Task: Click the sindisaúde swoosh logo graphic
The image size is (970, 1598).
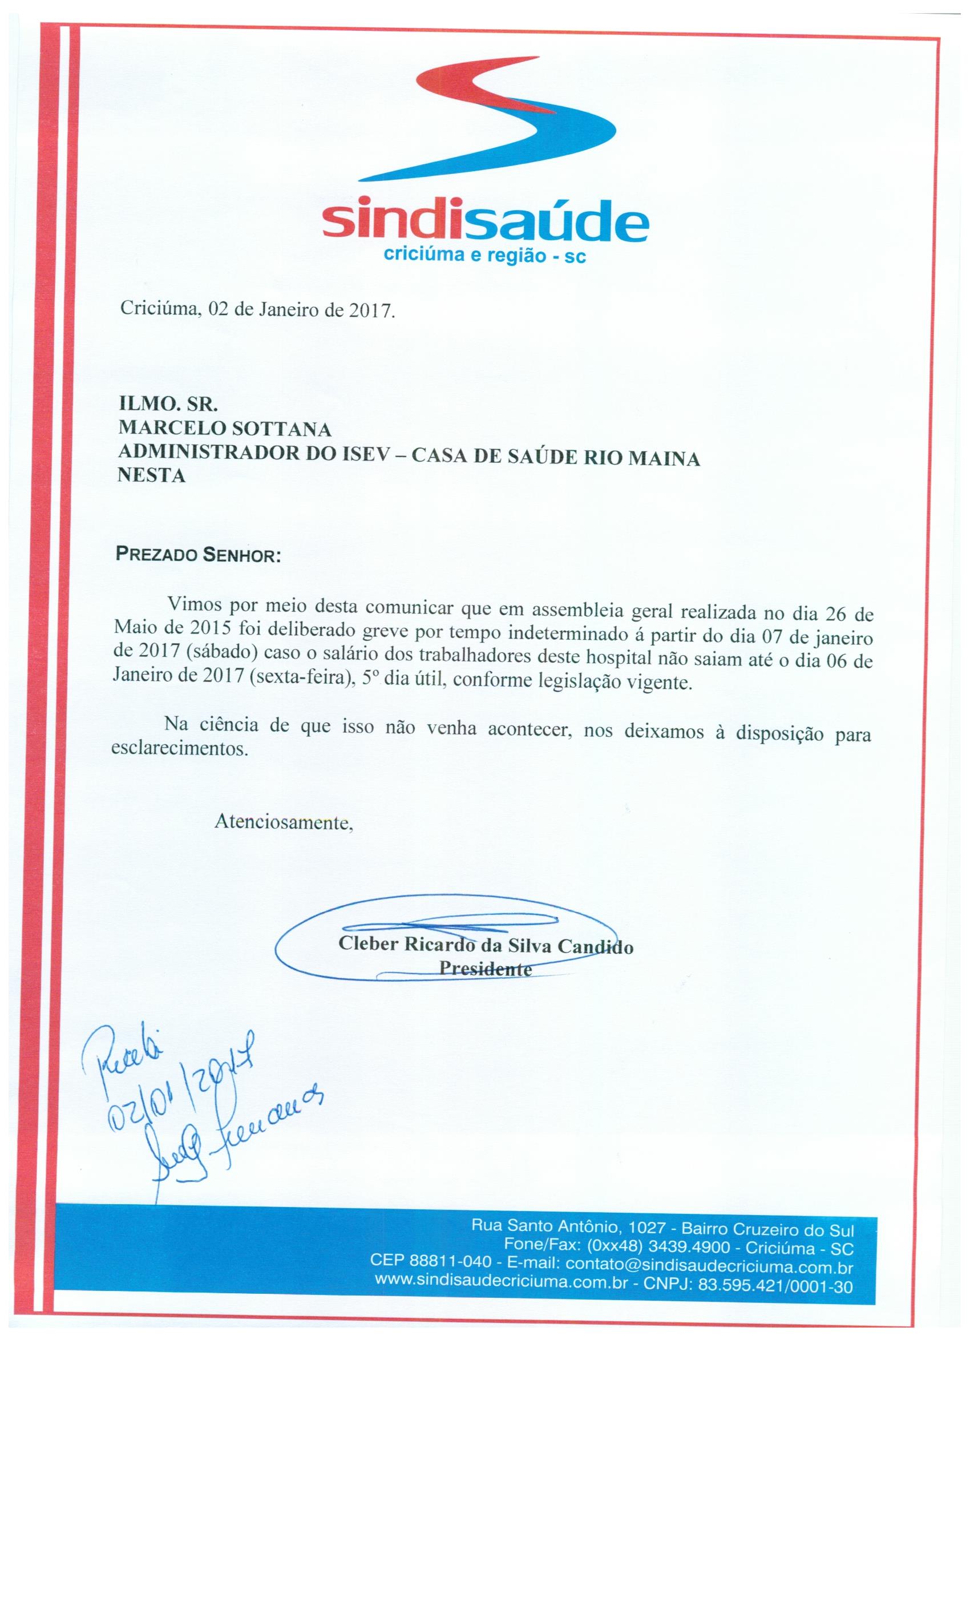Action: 483,120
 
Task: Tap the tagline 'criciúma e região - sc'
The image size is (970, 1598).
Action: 485,256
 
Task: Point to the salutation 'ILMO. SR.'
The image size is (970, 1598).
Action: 167,405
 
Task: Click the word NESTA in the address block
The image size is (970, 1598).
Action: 152,477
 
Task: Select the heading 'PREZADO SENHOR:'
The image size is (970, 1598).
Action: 198,555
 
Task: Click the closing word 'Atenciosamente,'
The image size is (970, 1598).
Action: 284,822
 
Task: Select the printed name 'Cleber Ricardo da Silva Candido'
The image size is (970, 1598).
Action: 486,945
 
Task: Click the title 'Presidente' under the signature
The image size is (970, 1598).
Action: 486,969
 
